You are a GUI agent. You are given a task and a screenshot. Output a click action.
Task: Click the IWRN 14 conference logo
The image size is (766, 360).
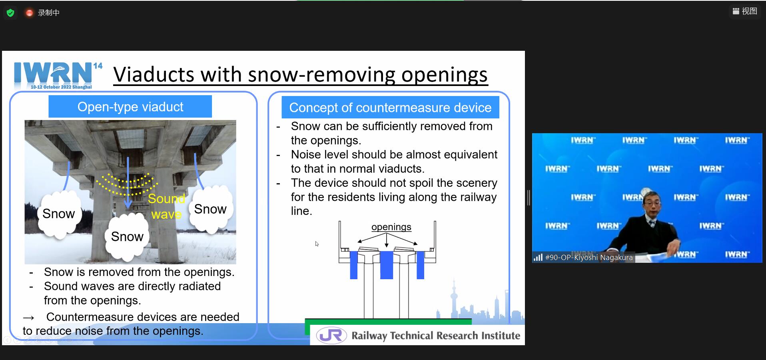tap(58, 75)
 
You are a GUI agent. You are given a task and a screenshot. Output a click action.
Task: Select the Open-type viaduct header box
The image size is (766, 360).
tap(130, 107)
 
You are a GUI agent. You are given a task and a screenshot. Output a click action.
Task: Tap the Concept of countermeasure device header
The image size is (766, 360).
tap(390, 108)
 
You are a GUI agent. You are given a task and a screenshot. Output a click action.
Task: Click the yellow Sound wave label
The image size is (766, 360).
tap(166, 206)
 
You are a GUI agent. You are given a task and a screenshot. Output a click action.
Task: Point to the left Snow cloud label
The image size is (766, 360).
tap(59, 214)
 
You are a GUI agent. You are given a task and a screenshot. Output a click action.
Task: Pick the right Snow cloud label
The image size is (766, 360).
tap(210, 209)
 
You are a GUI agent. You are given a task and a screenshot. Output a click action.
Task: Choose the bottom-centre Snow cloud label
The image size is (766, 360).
tap(127, 236)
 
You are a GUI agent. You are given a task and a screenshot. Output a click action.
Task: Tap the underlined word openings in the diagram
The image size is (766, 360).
tap(391, 227)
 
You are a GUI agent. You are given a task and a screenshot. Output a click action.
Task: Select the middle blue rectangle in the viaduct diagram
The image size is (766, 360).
tap(386, 265)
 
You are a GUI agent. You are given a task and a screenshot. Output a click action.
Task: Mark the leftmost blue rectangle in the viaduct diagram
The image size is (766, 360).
tap(353, 265)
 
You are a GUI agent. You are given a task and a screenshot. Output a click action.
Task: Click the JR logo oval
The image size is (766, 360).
tap(331, 336)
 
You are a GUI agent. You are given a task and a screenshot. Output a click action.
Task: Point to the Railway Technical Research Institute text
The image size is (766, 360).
tap(436, 336)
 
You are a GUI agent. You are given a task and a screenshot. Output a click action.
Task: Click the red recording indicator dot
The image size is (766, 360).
tap(29, 13)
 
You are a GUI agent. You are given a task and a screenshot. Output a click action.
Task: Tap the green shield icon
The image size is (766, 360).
tap(11, 13)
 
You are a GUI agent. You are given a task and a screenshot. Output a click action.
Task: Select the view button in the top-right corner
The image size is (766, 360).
tap(745, 11)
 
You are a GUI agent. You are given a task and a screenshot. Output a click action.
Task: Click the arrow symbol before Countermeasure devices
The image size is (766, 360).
tap(28, 318)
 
